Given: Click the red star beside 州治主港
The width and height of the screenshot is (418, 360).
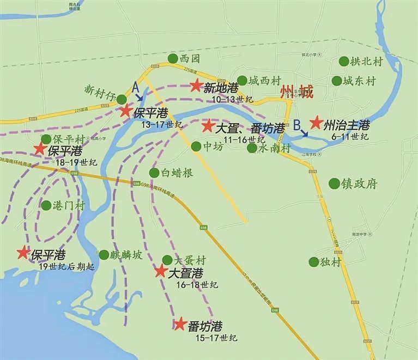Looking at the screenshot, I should click(x=316, y=123).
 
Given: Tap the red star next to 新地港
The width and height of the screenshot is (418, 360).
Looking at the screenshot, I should click(x=196, y=86).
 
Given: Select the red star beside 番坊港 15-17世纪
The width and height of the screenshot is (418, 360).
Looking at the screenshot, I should click(x=180, y=324).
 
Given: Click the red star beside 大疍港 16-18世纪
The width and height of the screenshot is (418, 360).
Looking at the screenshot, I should click(x=161, y=271).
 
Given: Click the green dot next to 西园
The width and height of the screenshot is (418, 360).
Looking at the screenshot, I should click(x=173, y=58).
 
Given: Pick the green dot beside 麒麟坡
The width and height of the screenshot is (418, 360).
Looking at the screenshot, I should click(x=104, y=254).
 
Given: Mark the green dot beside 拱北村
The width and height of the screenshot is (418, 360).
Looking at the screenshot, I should click(x=344, y=62).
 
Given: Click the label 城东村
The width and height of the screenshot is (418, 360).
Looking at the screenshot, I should click(x=359, y=81).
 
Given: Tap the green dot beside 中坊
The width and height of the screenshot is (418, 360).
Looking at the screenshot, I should click(x=196, y=146).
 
